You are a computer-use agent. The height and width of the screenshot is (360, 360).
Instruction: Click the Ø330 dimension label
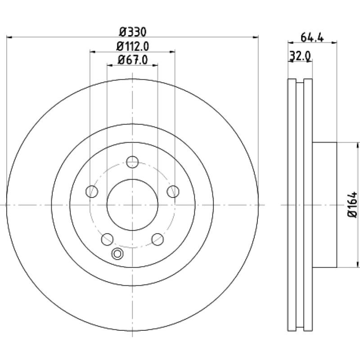coord(133,32)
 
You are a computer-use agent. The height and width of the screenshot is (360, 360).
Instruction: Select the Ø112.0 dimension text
coord(133,46)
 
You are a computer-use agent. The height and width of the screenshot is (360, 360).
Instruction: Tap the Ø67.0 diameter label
coord(133,60)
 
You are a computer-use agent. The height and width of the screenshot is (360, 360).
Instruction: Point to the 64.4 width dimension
coord(312,37)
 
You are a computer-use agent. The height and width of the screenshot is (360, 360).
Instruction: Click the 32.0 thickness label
coord(300,56)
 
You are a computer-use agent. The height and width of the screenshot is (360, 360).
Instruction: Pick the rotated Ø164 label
coord(352,205)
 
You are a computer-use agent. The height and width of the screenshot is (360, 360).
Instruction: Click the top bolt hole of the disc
coord(132,162)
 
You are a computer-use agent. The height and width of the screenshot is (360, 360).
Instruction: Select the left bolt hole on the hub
coord(92,191)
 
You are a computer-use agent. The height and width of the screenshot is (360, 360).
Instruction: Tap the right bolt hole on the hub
coord(173,191)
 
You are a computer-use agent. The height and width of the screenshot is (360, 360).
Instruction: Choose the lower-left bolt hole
coord(107,239)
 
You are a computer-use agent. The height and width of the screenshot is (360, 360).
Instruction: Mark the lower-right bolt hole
coord(158,239)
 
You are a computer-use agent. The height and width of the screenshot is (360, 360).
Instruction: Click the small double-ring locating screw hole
coord(117,254)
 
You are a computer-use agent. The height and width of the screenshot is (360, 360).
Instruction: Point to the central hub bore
coord(132,205)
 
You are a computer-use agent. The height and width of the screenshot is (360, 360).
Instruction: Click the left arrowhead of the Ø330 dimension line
coord(9,37)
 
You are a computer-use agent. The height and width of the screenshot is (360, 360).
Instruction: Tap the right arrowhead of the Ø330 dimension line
coord(256,37)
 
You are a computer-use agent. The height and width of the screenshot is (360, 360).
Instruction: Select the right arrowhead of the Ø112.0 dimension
coord(172,52)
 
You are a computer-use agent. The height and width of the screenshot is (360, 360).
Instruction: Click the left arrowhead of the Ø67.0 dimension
coord(110,65)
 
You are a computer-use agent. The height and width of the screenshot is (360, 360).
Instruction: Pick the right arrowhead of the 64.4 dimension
coord(334,42)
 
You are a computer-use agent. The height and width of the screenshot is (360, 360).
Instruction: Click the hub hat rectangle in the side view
coord(324,205)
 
